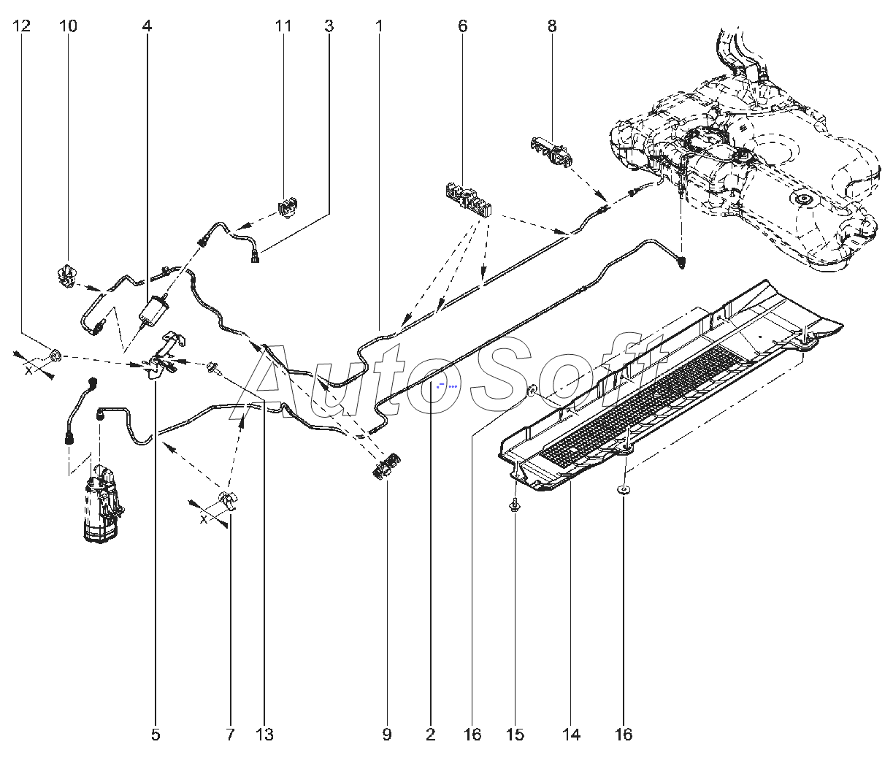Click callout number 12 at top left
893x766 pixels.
tap(22, 26)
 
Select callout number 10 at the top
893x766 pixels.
tap(68, 26)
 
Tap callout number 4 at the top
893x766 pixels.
tap(147, 26)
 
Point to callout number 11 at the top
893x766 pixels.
tap(283, 26)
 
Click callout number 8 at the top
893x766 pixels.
tap(552, 26)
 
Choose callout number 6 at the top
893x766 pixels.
tap(462, 26)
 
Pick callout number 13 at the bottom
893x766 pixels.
tap(264, 734)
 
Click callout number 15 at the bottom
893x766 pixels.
tap(515, 734)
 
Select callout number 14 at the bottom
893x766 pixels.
tap(571, 734)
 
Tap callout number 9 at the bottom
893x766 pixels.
tap(387, 734)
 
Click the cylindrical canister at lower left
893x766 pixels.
tap(103, 503)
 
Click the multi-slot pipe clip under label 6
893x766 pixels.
tap(470, 199)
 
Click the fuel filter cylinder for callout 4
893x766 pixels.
tap(154, 310)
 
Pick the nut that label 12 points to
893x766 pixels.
tap(55, 357)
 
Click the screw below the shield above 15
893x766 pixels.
tap(515, 505)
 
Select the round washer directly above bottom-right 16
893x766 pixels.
tap(623, 490)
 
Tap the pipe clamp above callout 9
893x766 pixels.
tap(387, 466)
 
